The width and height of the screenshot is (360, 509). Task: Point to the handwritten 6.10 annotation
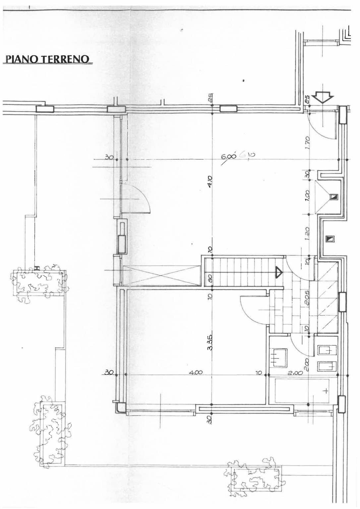tap(247, 154)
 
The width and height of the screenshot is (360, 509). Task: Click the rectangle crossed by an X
tap(161, 275)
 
